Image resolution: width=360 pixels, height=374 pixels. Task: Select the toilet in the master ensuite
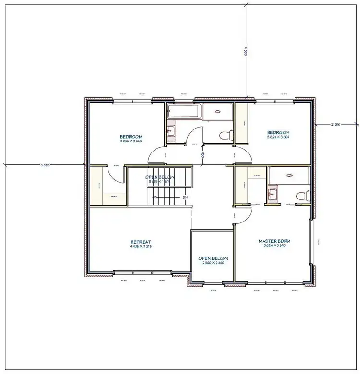coord(301,196)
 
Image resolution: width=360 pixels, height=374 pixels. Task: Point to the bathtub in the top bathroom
coord(183,112)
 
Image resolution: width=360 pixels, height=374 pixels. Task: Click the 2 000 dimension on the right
coord(336,124)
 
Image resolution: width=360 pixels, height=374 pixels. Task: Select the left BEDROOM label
coord(131,136)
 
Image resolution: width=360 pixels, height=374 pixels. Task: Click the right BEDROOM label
coord(278,132)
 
